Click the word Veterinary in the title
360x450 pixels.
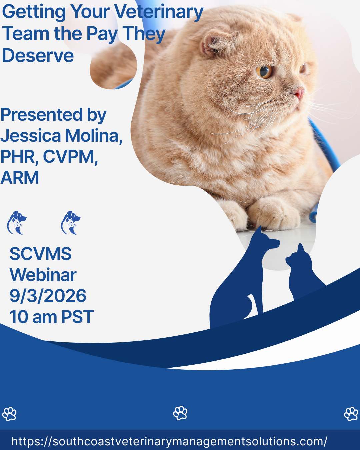point(159,12)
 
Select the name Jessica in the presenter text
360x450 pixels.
point(31,136)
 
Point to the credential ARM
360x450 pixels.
point(20,177)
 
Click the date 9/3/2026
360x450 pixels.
point(48,296)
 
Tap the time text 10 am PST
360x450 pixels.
point(51,317)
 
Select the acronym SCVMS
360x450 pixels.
point(41,254)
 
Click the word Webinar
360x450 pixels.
point(43,275)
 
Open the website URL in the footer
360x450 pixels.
point(169,441)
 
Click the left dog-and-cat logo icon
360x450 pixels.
point(16,222)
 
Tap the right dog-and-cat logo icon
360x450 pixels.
point(70,222)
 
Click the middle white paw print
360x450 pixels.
point(180,413)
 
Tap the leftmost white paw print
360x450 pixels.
point(9,414)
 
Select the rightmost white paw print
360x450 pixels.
point(351,414)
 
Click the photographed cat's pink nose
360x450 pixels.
point(300,93)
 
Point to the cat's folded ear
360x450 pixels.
point(215,43)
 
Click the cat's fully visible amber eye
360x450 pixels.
point(264,72)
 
